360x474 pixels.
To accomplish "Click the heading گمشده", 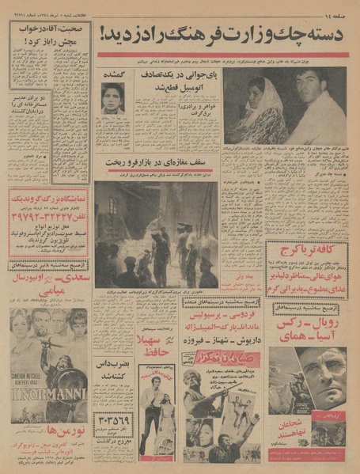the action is pos(112,74).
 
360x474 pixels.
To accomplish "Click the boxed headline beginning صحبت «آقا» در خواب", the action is pos(48,36).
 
